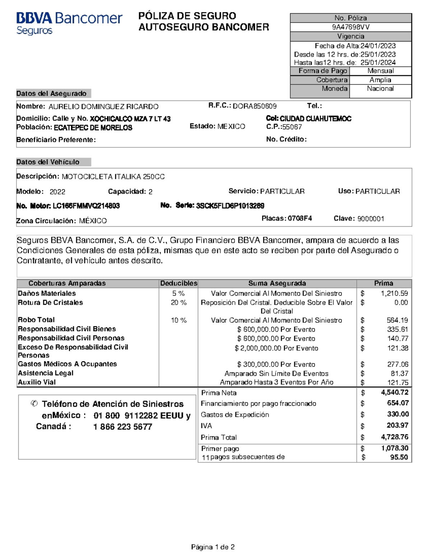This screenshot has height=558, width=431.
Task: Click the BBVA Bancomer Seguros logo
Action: coord(69,23)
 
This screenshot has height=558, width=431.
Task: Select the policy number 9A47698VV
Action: coord(351,27)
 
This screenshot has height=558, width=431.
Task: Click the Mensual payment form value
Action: coord(380,71)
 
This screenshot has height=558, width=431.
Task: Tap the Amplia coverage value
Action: coord(380,80)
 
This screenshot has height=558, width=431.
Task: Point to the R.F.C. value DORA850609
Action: coord(255,106)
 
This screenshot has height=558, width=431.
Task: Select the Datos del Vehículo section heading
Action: coord(48,162)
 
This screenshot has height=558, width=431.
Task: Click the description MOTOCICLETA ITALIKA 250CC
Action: coord(113,177)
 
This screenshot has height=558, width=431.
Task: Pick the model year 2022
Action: coord(57,192)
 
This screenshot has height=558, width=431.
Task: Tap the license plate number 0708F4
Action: coord(300,218)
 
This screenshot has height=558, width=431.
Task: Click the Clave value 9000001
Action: coord(371,219)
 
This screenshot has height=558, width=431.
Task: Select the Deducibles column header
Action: coord(179,283)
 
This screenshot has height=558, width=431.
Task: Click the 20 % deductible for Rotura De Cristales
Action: coord(179,303)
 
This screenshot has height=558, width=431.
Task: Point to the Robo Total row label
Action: coord(36,320)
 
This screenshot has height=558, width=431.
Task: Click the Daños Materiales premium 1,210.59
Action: coord(394,293)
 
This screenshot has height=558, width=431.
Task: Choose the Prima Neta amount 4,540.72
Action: coord(394,392)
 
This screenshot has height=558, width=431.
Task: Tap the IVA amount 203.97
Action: coord(397,425)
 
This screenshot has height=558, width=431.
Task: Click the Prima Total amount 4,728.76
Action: coord(394,437)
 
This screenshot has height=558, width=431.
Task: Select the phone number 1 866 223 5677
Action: coord(122,427)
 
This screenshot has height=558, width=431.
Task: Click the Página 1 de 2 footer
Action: coord(213,547)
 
